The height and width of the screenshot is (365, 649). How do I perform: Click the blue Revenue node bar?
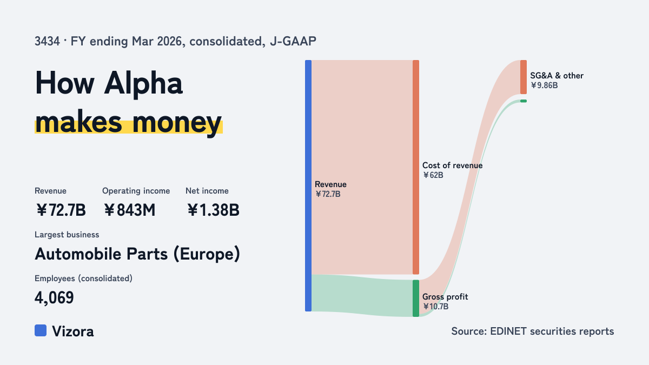point(308,185)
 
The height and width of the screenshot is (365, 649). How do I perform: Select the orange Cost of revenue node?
point(416,167)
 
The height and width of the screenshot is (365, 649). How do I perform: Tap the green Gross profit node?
point(416,298)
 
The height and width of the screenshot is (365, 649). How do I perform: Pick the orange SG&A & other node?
point(524,77)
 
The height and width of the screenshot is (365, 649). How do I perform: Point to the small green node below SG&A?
point(524,101)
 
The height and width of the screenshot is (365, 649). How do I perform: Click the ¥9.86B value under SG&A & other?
point(544,85)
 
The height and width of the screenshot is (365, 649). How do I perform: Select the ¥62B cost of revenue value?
point(433,175)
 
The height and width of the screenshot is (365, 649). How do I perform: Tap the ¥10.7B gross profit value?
point(435,307)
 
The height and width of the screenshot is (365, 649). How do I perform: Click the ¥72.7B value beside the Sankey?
point(328,194)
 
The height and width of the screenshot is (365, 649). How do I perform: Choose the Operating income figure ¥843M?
point(129,210)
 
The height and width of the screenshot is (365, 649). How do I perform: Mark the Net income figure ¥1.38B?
point(213,210)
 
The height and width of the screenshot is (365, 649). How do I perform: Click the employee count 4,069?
point(54,298)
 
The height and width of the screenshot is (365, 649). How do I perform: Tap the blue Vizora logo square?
point(41,330)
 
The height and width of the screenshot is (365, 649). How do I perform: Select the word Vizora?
point(73,331)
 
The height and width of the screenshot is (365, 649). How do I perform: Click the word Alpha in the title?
point(143,84)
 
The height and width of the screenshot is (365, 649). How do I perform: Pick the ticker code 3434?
point(47,42)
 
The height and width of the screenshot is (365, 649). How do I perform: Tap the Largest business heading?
point(67,235)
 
